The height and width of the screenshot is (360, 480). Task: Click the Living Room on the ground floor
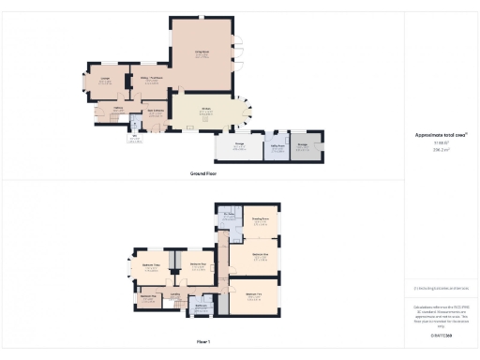point(202,54)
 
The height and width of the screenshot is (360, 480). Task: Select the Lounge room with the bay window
point(106,82)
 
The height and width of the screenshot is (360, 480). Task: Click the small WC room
point(135,138)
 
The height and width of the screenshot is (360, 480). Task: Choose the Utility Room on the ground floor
point(277,148)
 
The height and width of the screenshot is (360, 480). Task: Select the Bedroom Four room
point(198,266)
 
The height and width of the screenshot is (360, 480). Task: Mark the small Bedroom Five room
point(147,299)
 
